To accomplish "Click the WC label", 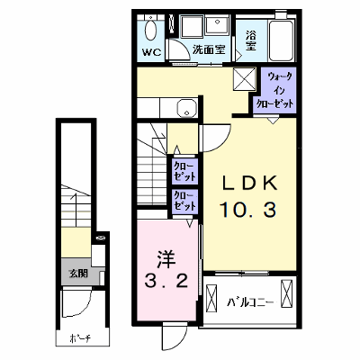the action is (x=152, y=52).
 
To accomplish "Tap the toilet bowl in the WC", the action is (x=150, y=31).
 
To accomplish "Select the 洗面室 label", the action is (x=209, y=49).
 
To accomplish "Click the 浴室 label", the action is (x=250, y=40).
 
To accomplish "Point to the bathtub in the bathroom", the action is (x=281, y=40).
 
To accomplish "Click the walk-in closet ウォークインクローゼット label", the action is (x=274, y=91).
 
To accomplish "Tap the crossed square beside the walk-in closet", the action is (x=245, y=78).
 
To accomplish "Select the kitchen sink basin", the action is (x=186, y=108).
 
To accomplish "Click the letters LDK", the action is (x=249, y=183).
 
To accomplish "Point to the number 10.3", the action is (x=248, y=210).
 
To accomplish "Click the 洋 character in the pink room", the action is (x=166, y=259).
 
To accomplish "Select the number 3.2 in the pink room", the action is (x=166, y=281).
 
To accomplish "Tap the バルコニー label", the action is (x=250, y=301).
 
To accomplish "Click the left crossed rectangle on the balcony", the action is (x=211, y=299).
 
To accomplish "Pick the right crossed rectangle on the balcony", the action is (x=286, y=293).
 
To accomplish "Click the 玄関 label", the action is (x=78, y=274).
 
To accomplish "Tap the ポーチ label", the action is (x=80, y=339).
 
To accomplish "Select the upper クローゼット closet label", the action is (x=184, y=170).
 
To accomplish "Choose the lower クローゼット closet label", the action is (x=185, y=201).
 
